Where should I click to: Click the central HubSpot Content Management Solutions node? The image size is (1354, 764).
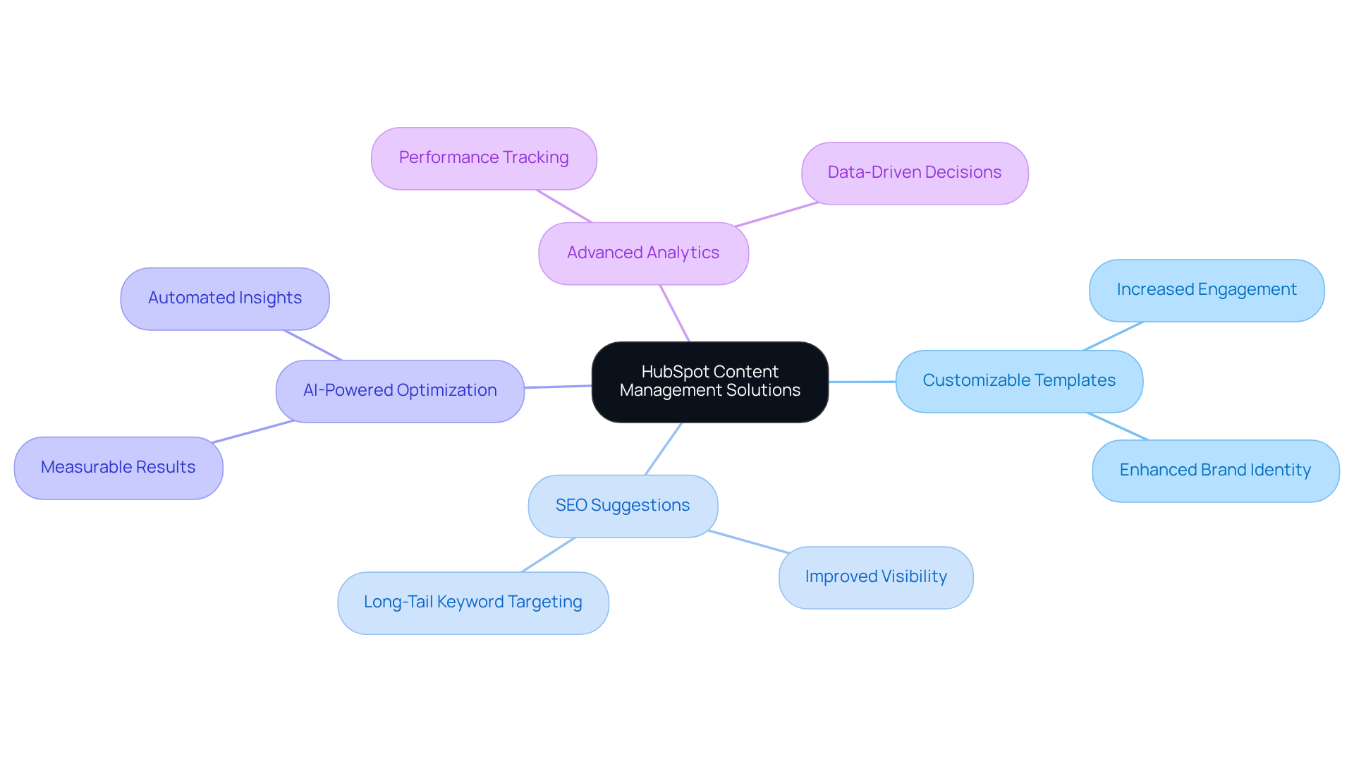pyautogui.click(x=709, y=382)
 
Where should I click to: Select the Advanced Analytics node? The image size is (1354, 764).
pyautogui.click(x=643, y=253)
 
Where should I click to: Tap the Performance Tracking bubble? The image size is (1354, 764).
pyautogui.click(x=484, y=158)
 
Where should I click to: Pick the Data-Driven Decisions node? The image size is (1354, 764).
pyautogui.click(x=914, y=173)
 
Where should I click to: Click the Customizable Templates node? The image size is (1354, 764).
pyautogui.click(x=1019, y=381)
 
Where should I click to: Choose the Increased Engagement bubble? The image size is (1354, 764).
pyautogui.click(x=1206, y=290)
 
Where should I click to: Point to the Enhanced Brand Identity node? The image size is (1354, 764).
pyautogui.click(x=1215, y=471)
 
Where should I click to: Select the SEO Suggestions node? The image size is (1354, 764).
pyautogui.click(x=623, y=506)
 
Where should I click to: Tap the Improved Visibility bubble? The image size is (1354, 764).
pyautogui.click(x=876, y=577)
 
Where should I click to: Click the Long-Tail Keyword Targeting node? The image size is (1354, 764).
pyautogui.click(x=472, y=602)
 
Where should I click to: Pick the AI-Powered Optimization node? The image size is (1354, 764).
pyautogui.click(x=400, y=391)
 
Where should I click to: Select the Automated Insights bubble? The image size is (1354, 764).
pyautogui.click(x=225, y=298)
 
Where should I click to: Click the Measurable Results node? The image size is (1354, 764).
pyautogui.click(x=118, y=468)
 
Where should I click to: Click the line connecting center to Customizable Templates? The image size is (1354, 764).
pyautogui.click(x=862, y=382)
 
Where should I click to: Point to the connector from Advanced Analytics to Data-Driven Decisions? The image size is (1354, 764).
pyautogui.click(x=776, y=214)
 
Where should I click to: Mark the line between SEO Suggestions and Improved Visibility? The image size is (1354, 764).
pyautogui.click(x=749, y=542)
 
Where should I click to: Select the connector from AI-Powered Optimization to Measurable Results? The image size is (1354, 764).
pyautogui.click(x=252, y=432)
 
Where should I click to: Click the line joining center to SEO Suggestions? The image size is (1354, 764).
pyautogui.click(x=663, y=449)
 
